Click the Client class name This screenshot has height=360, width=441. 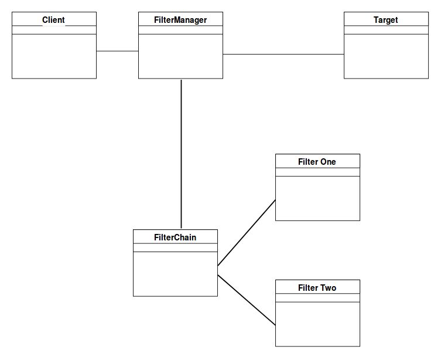[53, 20]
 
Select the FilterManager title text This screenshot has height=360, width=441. [180, 20]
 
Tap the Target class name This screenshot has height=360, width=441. [385, 20]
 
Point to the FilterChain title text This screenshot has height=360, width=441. [175, 237]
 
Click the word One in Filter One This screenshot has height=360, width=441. [328, 162]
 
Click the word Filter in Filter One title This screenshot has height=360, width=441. [308, 162]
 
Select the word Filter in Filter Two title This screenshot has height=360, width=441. [308, 288]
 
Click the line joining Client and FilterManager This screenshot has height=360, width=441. [117, 52]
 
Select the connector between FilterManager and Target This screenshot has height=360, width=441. [283, 55]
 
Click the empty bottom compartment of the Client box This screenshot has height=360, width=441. [54, 56]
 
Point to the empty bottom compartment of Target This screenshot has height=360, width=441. [386, 56]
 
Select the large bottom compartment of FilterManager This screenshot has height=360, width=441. [180, 56]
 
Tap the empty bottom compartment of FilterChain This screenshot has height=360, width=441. [175, 274]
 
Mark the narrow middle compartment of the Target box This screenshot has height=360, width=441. [386, 30]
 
